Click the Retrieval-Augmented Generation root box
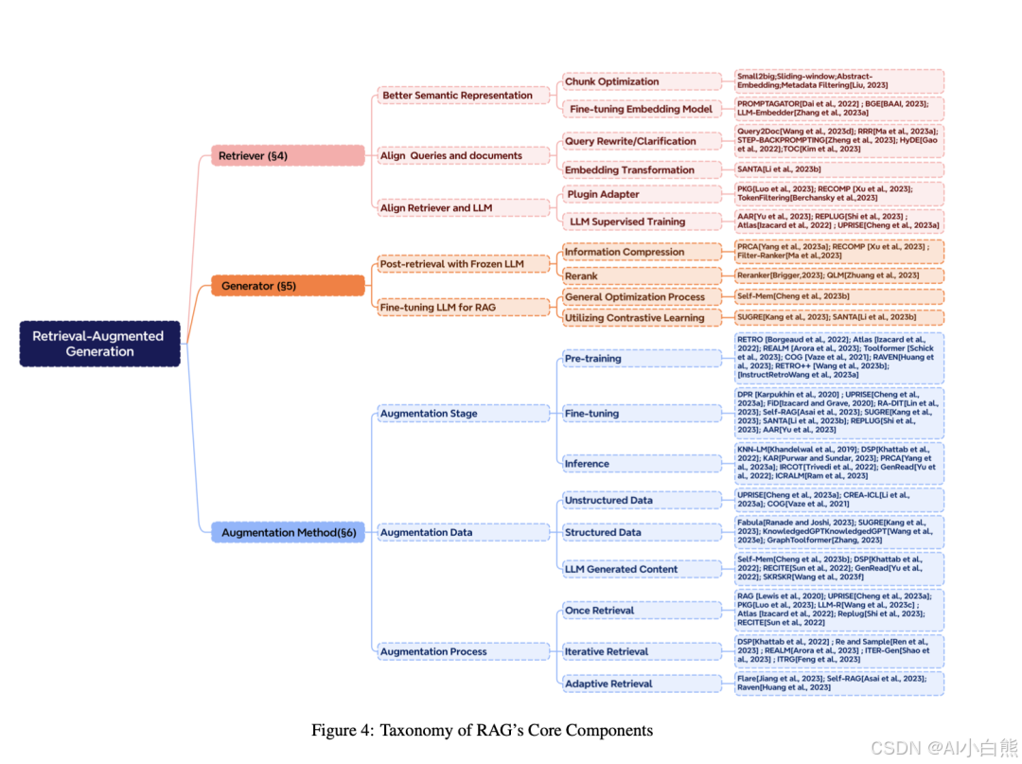point(100,344)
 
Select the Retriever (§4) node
point(288,155)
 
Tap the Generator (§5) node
point(288,285)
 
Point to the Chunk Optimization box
point(642,81)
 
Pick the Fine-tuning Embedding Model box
point(642,109)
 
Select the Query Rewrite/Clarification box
point(642,141)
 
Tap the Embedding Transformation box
point(642,169)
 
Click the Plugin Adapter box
point(642,194)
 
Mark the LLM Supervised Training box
point(642,222)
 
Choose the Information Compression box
point(642,252)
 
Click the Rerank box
point(642,275)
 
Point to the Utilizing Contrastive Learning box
point(642,318)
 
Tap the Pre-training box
point(642,358)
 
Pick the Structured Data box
point(642,532)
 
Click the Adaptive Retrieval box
point(642,683)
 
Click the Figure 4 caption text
point(482,730)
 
